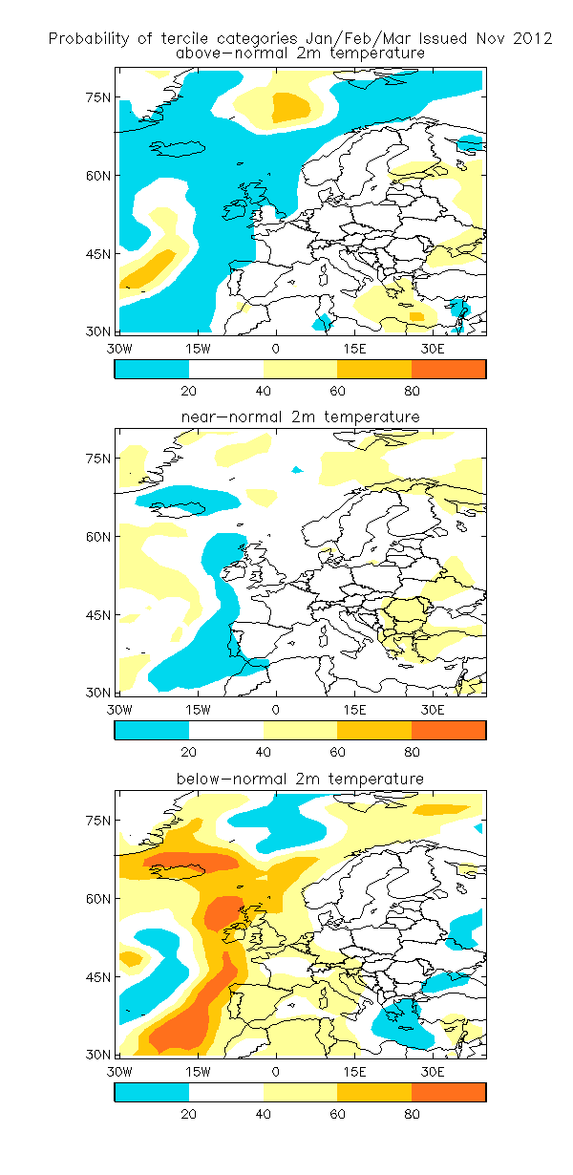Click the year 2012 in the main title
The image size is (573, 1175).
532,38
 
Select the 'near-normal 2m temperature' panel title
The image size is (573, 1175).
301,417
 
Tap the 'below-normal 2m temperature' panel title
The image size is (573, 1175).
300,779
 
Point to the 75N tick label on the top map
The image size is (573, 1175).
98,97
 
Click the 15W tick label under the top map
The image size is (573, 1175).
198,349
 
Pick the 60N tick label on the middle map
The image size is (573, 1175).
98,537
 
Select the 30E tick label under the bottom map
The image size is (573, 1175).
432,1072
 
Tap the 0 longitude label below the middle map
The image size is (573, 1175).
276,710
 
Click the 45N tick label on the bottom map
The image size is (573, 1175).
98,977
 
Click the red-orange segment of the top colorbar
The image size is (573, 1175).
448,369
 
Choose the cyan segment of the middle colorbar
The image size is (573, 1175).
152,730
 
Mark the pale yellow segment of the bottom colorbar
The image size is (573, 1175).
300,1092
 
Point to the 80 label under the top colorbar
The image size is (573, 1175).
412,391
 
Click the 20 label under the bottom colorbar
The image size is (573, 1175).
188,1114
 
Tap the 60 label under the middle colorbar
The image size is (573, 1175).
337,752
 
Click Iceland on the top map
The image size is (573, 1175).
178,148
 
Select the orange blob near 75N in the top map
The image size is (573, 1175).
290,107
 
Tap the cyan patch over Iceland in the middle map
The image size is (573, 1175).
186,498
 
